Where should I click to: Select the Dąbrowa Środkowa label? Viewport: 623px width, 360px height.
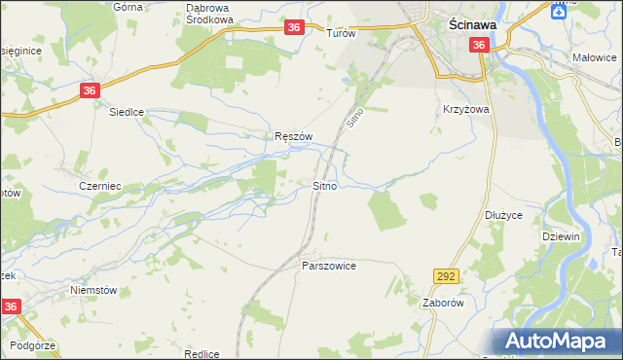click(209, 13)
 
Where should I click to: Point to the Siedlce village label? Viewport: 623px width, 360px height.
click(126, 112)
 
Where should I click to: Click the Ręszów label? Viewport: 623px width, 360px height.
click(293, 137)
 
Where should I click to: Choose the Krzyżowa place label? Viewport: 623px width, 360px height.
click(465, 110)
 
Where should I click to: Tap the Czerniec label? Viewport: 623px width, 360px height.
click(98, 185)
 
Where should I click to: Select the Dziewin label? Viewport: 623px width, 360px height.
click(562, 235)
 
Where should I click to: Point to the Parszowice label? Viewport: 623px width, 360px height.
click(329, 265)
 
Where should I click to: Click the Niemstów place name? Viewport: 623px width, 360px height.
click(93, 289)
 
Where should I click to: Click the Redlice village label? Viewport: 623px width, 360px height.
click(200, 354)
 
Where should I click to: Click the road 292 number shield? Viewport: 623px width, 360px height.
click(446, 276)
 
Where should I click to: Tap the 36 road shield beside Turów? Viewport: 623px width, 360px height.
click(294, 29)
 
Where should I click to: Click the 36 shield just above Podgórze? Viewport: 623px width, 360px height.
click(10, 306)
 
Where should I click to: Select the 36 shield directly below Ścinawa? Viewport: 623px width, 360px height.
click(478, 46)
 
